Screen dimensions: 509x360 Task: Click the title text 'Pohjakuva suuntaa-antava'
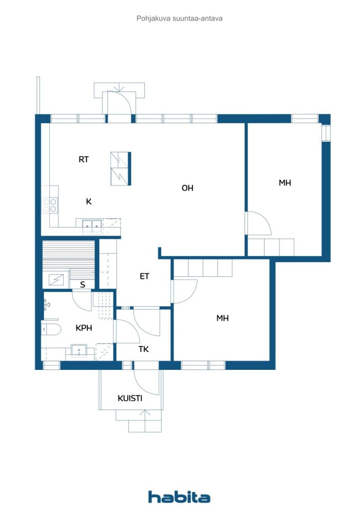click(x=180, y=18)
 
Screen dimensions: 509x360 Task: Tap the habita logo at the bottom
click(x=180, y=496)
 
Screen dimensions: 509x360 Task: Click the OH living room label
click(x=187, y=188)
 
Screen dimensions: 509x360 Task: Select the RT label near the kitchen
click(x=84, y=160)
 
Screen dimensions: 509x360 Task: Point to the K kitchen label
click(x=89, y=201)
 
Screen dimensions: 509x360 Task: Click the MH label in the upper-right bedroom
click(x=285, y=183)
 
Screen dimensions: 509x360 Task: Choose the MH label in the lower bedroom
click(x=222, y=318)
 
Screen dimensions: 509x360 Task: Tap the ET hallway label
click(x=144, y=276)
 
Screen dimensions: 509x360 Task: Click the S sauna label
click(x=83, y=285)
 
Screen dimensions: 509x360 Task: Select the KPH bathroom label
click(x=84, y=328)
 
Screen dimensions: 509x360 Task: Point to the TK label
click(x=144, y=349)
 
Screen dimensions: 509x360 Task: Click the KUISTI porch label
click(x=130, y=398)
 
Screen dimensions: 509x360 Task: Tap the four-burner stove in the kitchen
click(x=50, y=205)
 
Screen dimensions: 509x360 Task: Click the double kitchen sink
click(x=89, y=226)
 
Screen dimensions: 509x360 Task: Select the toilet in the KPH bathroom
click(x=51, y=328)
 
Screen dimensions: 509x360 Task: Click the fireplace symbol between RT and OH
click(x=120, y=169)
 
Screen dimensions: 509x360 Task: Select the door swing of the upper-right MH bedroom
click(x=259, y=224)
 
